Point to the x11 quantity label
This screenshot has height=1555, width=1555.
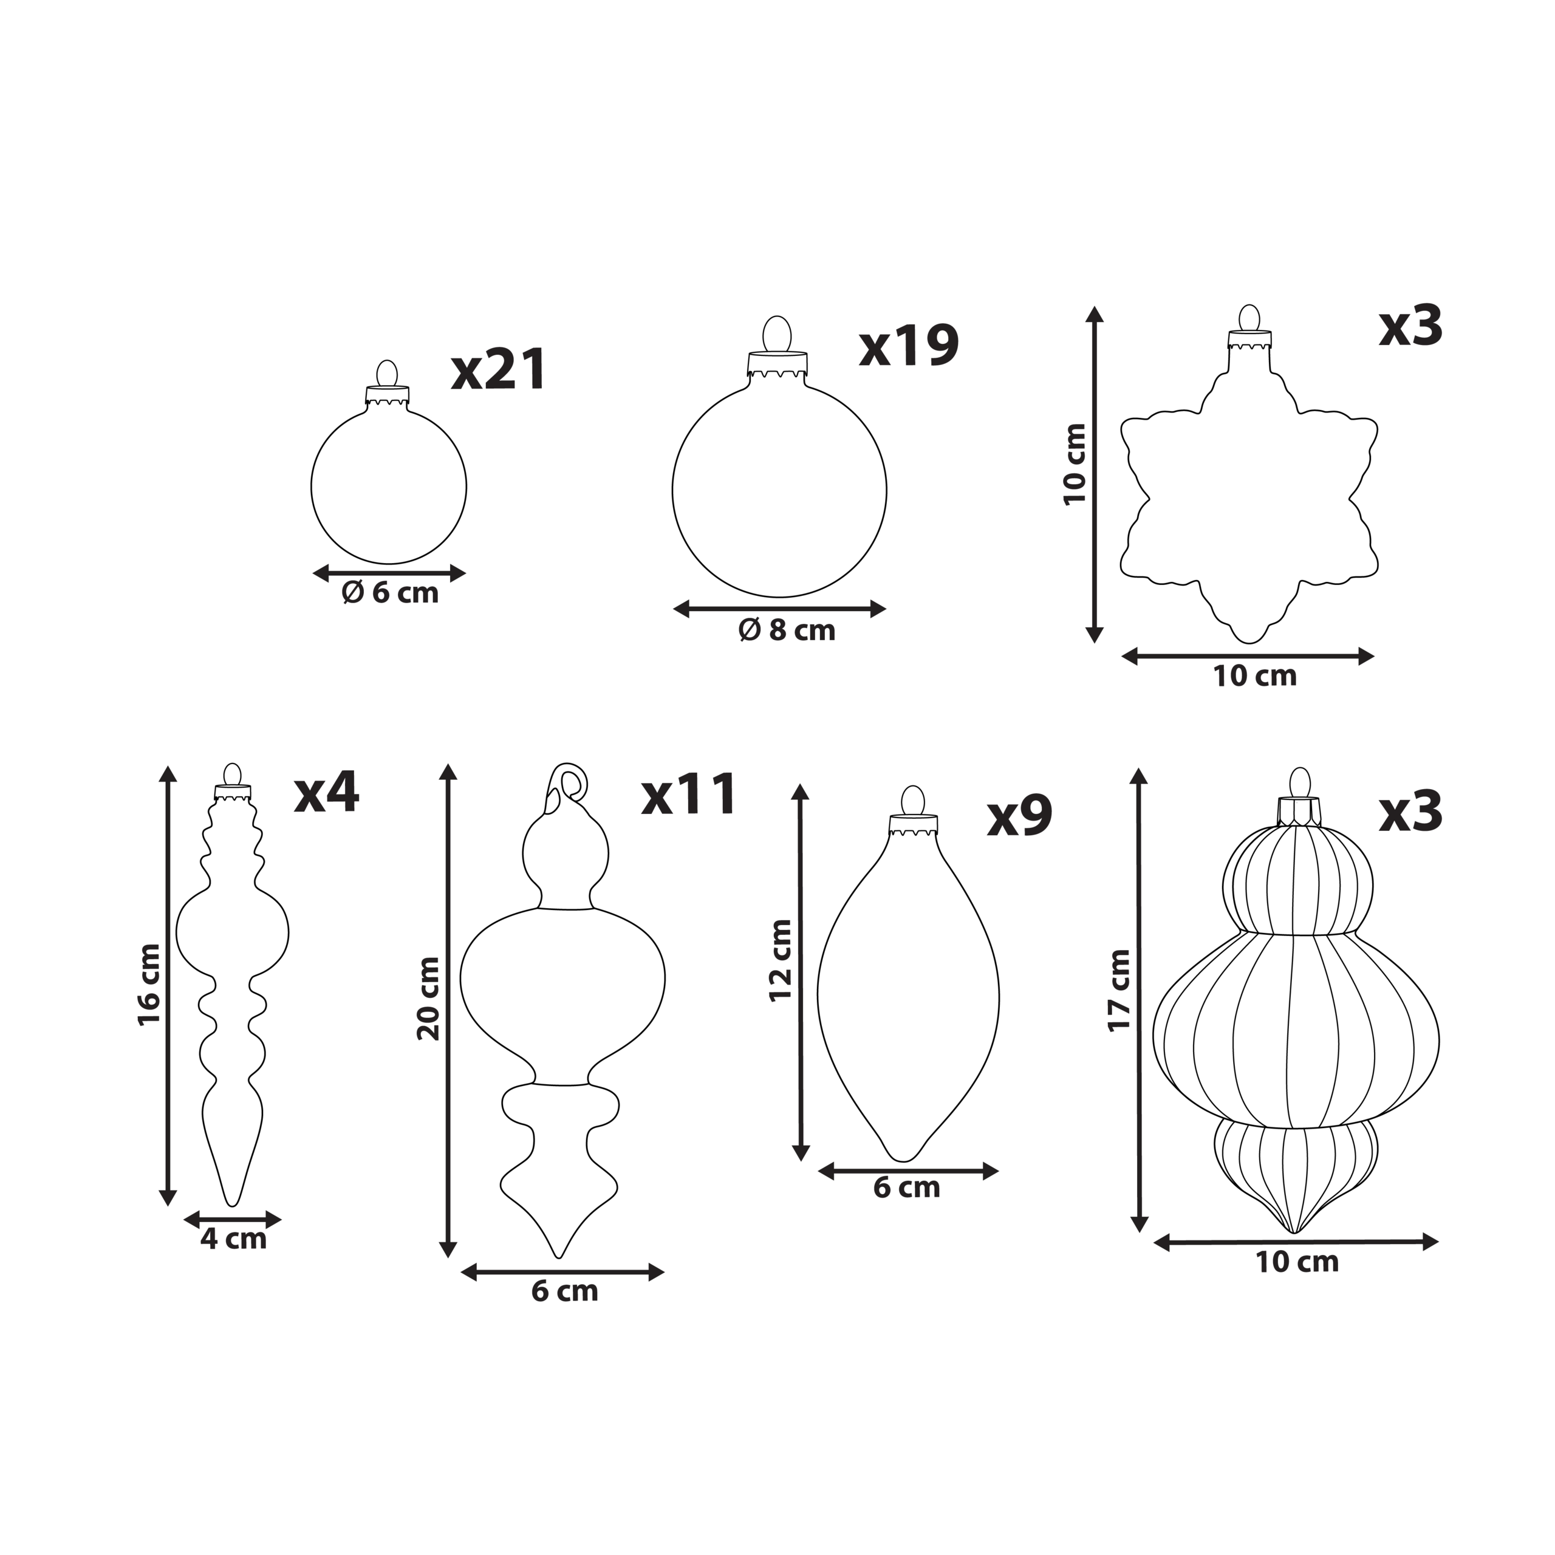click(689, 794)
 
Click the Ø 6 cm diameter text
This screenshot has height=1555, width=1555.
click(391, 593)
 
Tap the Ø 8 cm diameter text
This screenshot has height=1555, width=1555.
click(787, 631)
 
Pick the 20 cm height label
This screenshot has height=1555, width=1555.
click(429, 998)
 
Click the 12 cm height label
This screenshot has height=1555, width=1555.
click(781, 960)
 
